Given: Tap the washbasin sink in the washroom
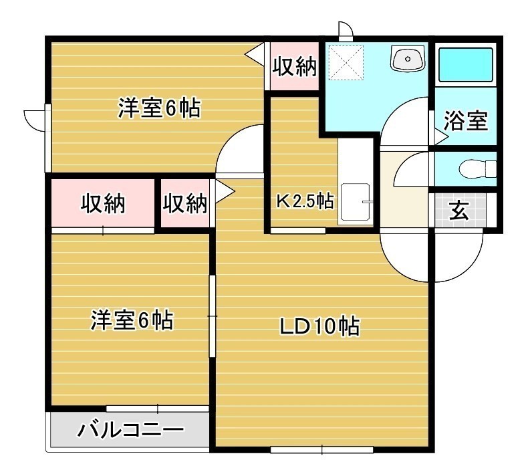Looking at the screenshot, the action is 408,59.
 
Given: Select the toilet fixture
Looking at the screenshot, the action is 478,169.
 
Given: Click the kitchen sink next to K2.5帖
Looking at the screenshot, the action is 356,202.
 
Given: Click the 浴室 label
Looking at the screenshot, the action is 465,120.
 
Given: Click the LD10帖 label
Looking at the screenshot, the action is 319,326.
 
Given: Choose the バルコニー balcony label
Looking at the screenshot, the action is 130,429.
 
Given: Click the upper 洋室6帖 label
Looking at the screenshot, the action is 159,108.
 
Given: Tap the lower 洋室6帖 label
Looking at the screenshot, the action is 132,320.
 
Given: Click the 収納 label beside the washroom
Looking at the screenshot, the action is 294,66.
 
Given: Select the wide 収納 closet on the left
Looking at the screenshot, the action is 103,203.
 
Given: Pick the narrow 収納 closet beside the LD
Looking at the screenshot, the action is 184,203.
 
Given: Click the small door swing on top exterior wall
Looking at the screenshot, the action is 346,31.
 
